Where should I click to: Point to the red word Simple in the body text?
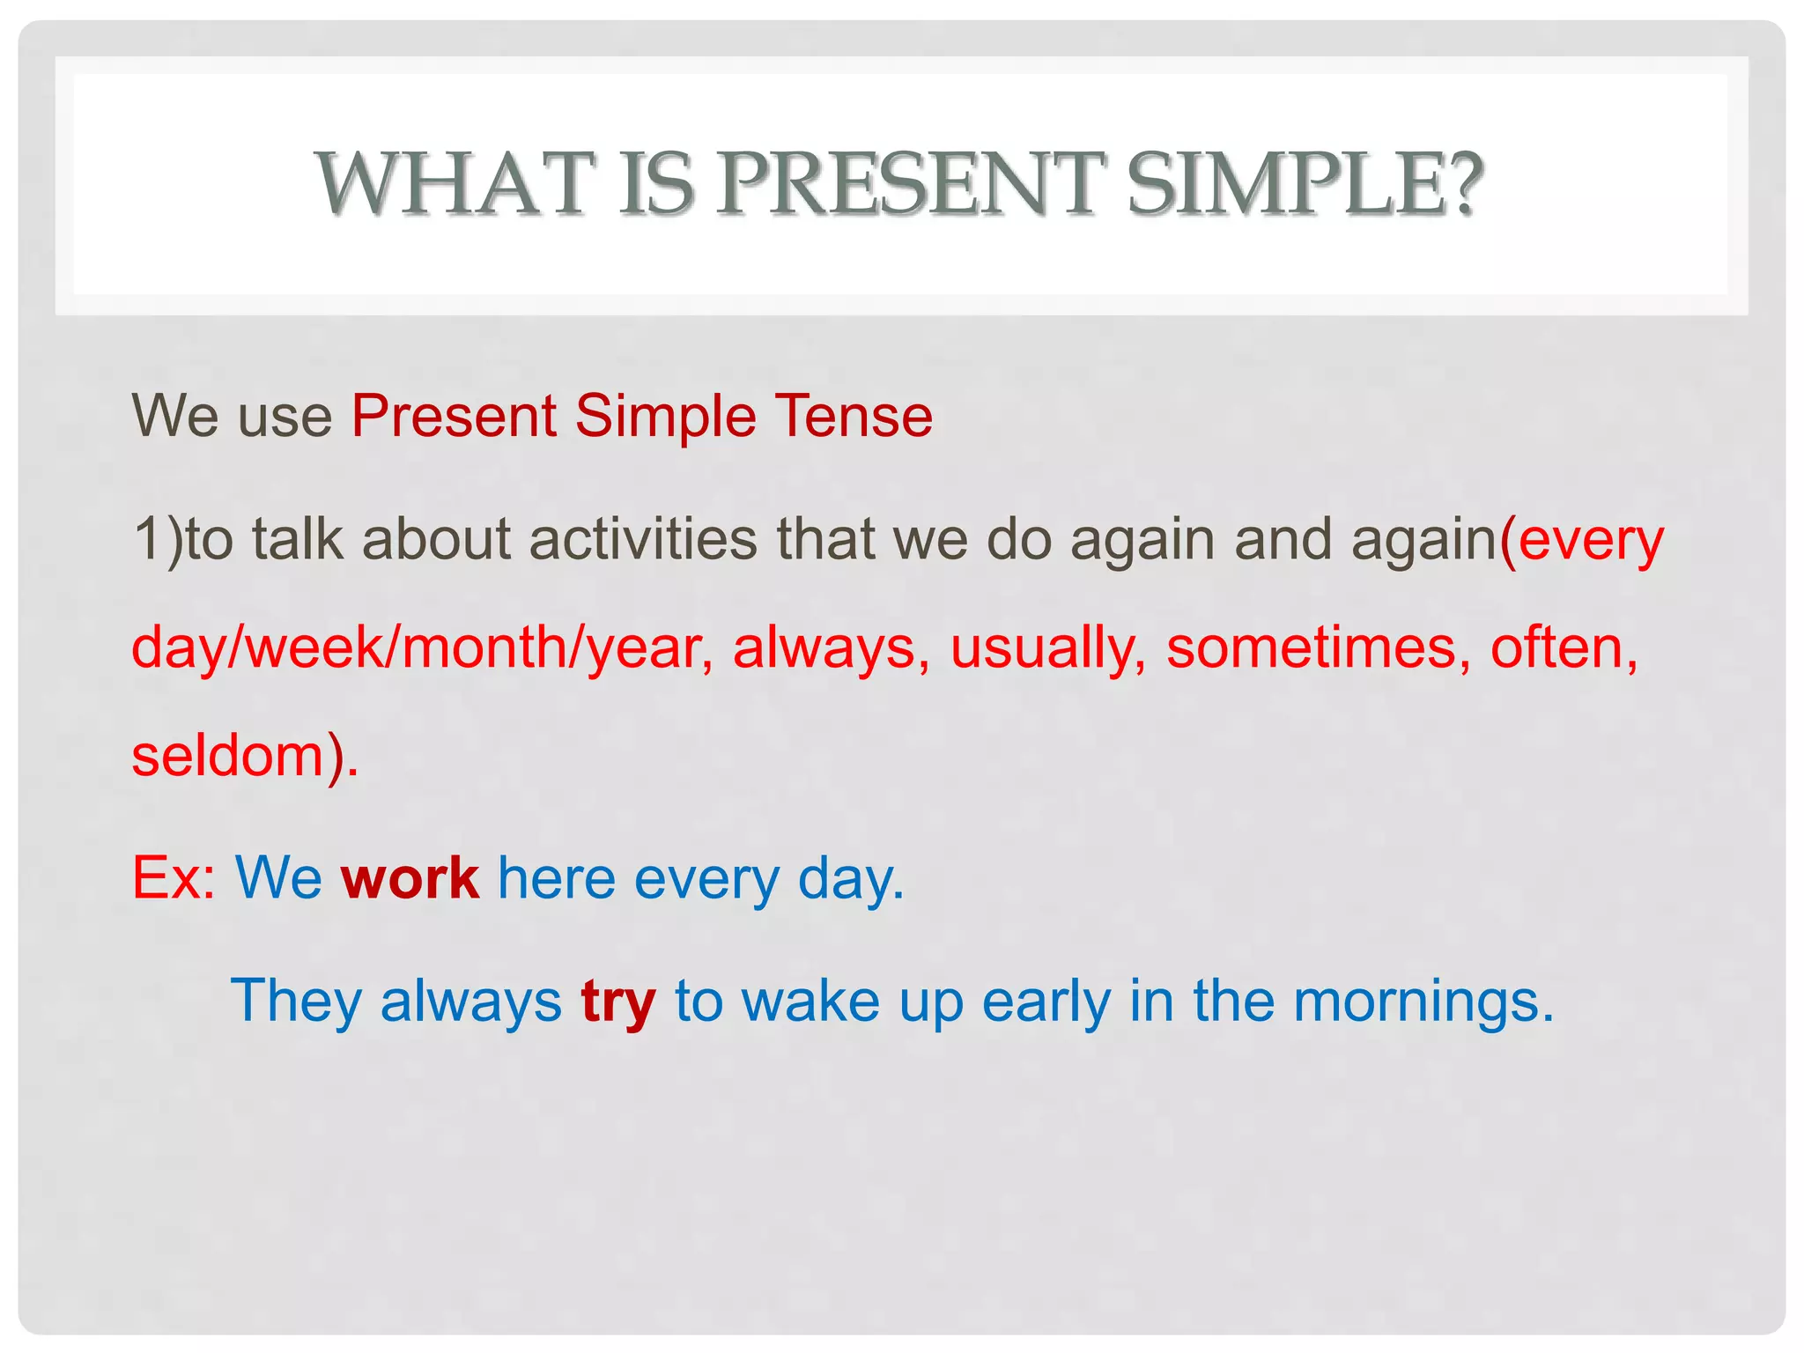[665, 415]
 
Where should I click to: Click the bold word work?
[410, 878]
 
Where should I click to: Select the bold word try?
[618, 1002]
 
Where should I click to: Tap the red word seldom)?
[245, 756]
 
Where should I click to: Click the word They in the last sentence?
[296, 1002]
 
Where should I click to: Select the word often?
[1564, 647]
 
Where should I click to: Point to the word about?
[435, 539]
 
